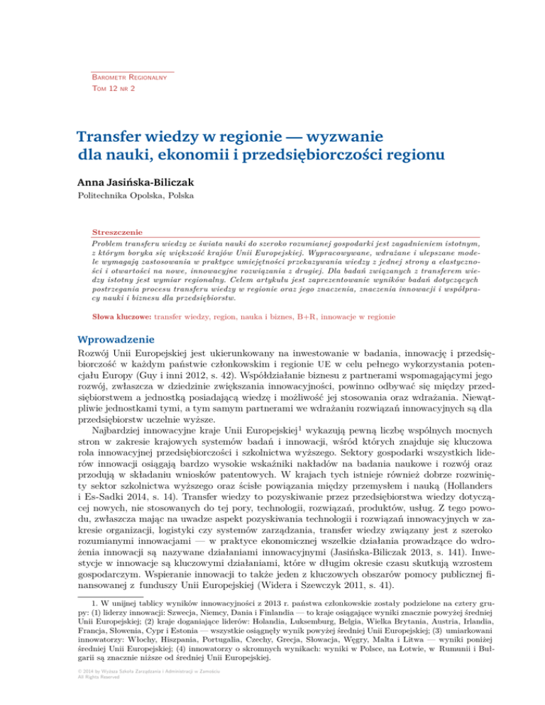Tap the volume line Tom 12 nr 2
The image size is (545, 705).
click(115, 89)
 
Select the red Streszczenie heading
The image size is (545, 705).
click(118, 231)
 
